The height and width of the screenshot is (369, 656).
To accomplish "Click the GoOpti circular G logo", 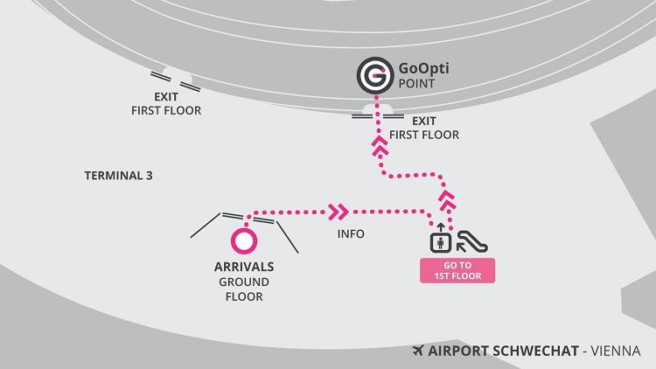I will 373,75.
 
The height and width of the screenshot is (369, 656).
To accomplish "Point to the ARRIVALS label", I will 245,266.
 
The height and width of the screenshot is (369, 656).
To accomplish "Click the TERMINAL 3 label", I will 118,175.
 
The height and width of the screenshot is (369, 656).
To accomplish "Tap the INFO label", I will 351,234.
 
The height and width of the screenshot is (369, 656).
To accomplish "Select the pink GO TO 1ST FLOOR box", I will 458,270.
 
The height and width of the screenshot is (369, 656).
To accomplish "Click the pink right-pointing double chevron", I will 338,212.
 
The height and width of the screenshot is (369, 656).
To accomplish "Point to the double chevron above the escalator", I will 449,200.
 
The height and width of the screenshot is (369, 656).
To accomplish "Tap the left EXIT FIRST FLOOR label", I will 165,104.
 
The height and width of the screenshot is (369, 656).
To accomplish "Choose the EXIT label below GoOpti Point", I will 423,122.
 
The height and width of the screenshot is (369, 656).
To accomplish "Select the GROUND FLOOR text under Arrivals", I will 245,289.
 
